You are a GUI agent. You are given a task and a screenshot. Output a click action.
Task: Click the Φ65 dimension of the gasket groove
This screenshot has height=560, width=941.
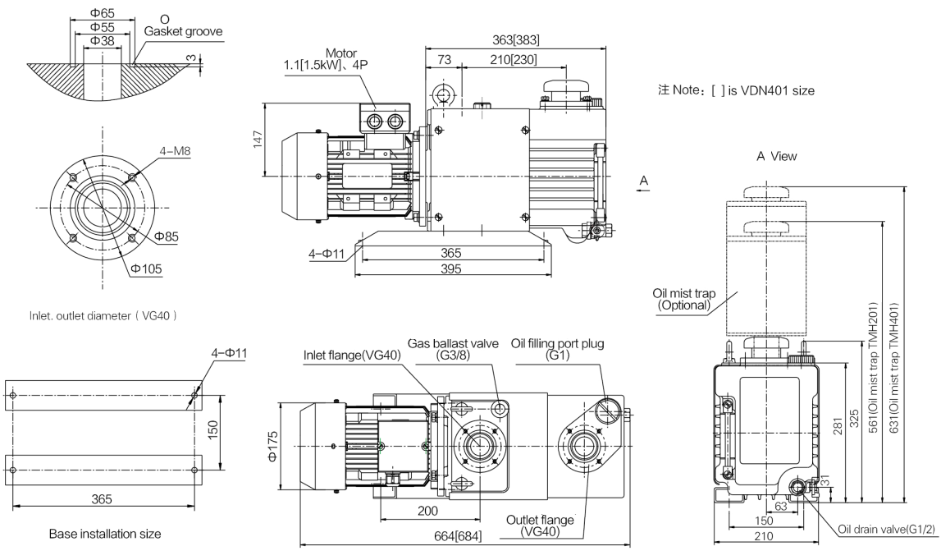pyautogui.click(x=103, y=13)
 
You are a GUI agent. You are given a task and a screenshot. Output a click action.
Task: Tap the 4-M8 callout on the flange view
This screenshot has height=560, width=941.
pyautogui.click(x=175, y=151)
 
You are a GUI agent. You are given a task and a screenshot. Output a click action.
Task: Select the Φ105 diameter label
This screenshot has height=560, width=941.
pyautogui.click(x=146, y=269)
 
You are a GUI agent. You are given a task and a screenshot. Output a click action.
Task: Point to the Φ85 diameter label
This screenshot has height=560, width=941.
pyautogui.click(x=167, y=236)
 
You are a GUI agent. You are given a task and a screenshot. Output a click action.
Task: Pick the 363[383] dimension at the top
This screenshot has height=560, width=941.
pyautogui.click(x=515, y=40)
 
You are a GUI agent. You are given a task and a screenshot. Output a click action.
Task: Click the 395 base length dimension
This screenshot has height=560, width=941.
pyautogui.click(x=450, y=269)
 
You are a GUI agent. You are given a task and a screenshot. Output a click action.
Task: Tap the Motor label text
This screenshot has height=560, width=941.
pyautogui.click(x=340, y=53)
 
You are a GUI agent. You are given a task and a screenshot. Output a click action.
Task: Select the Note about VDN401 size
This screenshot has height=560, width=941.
pyautogui.click(x=737, y=90)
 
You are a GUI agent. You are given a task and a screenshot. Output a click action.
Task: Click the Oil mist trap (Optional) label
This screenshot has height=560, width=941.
pyautogui.click(x=684, y=299)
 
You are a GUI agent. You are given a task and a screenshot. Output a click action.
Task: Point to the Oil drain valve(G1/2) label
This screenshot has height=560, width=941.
pyautogui.click(x=887, y=530)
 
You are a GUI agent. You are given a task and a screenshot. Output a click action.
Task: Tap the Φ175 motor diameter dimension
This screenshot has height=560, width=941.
pyautogui.click(x=273, y=446)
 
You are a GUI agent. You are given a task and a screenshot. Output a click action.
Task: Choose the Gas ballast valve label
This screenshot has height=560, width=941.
pyautogui.click(x=453, y=349)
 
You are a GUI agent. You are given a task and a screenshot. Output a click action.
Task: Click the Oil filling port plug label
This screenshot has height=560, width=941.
pyautogui.click(x=558, y=349)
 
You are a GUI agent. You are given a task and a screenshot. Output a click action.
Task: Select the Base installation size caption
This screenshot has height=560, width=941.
pyautogui.click(x=105, y=534)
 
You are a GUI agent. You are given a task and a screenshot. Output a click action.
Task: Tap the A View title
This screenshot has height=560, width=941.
pyautogui.click(x=777, y=156)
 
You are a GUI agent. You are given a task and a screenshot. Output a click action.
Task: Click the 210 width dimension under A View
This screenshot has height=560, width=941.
pyautogui.click(x=763, y=536)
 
